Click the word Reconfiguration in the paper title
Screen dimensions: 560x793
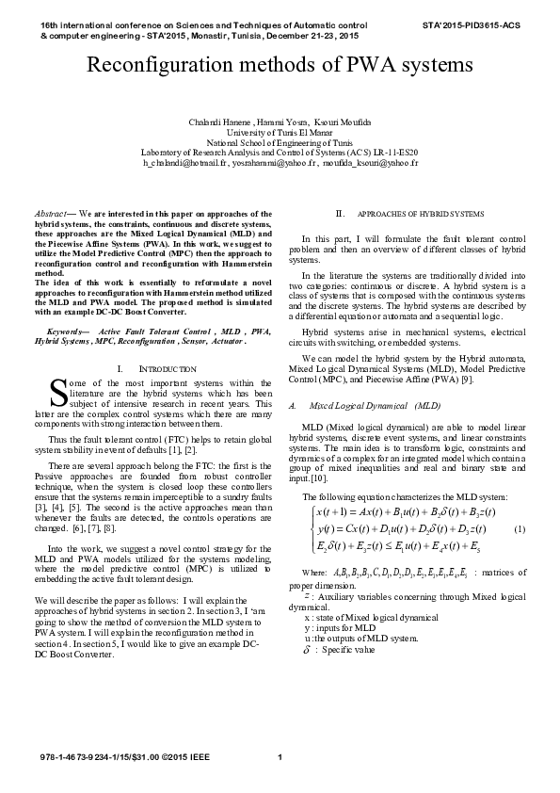159,66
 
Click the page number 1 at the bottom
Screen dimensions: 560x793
280,758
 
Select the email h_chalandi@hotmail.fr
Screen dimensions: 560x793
185,162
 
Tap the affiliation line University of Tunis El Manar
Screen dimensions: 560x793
280,134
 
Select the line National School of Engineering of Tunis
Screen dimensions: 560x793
280,143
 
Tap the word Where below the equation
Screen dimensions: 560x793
313,572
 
